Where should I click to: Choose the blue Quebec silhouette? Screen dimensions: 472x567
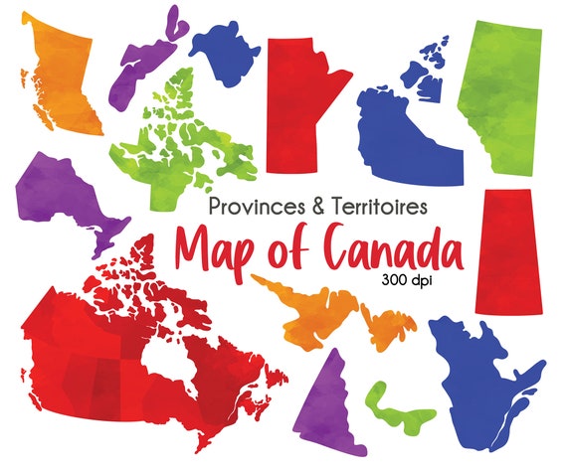coord(477,378)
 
